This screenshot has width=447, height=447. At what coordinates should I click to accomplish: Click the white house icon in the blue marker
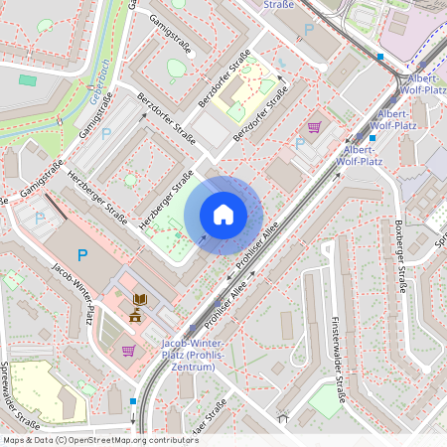(223, 215)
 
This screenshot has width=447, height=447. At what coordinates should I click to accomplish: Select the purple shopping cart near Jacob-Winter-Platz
(128, 350)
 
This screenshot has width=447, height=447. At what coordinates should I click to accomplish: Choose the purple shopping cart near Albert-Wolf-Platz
(315, 127)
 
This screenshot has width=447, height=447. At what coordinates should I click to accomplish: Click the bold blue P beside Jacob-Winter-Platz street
(82, 256)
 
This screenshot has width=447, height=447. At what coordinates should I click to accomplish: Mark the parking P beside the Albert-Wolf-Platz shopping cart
(300, 144)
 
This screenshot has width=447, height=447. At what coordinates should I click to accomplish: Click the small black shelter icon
(282, 418)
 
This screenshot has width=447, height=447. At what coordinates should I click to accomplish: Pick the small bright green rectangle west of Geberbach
(27, 79)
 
